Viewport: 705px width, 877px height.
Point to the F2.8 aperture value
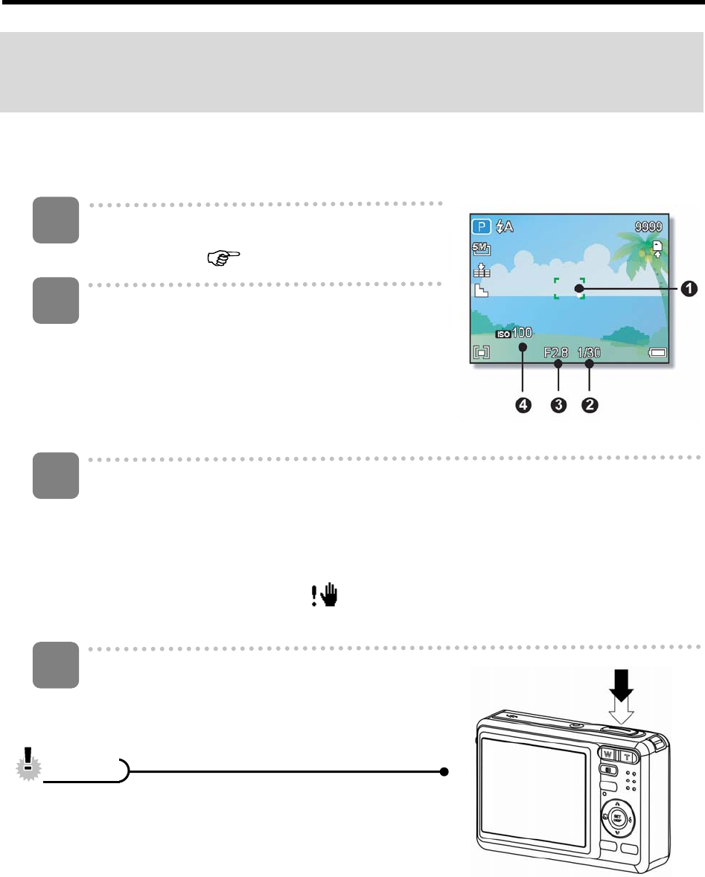pos(558,354)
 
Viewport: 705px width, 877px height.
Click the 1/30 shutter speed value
pos(589,354)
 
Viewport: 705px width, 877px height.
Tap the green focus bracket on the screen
pos(570,288)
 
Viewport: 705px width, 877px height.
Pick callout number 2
pos(590,405)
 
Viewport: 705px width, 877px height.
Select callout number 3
pos(558,405)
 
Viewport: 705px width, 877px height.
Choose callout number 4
pos(525,405)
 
